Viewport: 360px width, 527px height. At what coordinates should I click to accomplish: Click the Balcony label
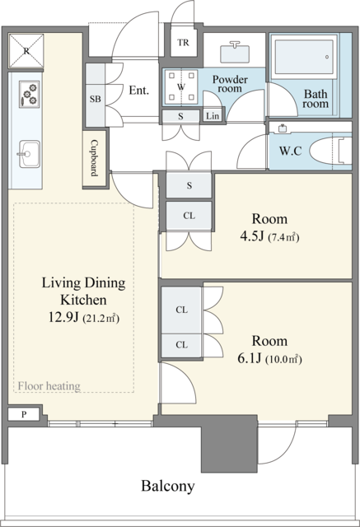click(168, 486)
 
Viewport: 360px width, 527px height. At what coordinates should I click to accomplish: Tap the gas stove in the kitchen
click(29, 94)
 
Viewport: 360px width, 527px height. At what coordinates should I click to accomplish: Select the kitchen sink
click(29, 154)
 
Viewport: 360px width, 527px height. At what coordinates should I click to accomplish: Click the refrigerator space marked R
click(26, 51)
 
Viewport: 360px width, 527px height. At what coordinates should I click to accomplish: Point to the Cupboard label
click(95, 158)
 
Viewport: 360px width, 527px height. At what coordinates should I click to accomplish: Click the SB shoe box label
click(95, 99)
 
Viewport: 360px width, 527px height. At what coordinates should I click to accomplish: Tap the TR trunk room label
click(183, 43)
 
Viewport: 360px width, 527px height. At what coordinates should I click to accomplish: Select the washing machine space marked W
click(181, 86)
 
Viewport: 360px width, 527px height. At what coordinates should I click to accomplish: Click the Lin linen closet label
click(213, 116)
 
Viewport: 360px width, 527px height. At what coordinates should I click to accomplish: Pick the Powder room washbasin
click(235, 53)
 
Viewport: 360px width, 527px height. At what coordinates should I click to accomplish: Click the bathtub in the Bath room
click(305, 56)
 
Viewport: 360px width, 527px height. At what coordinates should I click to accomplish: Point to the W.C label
click(291, 151)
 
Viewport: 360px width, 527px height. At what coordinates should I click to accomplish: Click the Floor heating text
click(49, 386)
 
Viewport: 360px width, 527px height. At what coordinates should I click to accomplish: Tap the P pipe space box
click(24, 414)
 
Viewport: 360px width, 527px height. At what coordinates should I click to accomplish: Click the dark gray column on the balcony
click(229, 444)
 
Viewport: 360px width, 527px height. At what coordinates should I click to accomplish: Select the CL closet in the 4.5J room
click(189, 216)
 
